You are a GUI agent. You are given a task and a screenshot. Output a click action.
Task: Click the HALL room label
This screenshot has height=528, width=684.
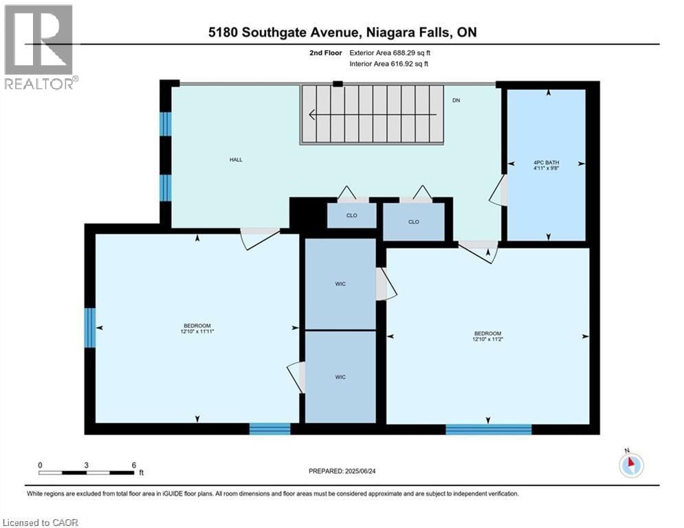coord(236,159)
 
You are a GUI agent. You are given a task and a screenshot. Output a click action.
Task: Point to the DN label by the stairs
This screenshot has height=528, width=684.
coord(456,100)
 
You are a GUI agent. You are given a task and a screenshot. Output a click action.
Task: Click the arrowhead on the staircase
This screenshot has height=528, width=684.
coord(313,115)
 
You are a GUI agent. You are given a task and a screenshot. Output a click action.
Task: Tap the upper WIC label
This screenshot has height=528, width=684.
coord(340,284)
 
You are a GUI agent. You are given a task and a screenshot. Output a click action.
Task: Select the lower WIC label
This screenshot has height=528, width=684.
coord(340,377)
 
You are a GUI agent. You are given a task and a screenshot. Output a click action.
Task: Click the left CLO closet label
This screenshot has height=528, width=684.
coord(351,215)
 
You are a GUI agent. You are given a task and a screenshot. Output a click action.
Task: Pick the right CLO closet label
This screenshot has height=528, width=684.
coord(413,222)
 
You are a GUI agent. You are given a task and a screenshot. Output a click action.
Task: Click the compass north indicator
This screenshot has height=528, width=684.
coord(630,464)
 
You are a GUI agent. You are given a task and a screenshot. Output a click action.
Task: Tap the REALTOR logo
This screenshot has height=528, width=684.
coord(39,47)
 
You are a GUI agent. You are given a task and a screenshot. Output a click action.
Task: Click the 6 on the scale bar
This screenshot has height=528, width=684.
coord(133,465)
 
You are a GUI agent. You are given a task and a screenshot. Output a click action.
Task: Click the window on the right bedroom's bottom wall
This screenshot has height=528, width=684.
coord(488,430)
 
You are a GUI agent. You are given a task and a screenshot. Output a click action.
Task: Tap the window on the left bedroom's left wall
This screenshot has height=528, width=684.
coord(89,327)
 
